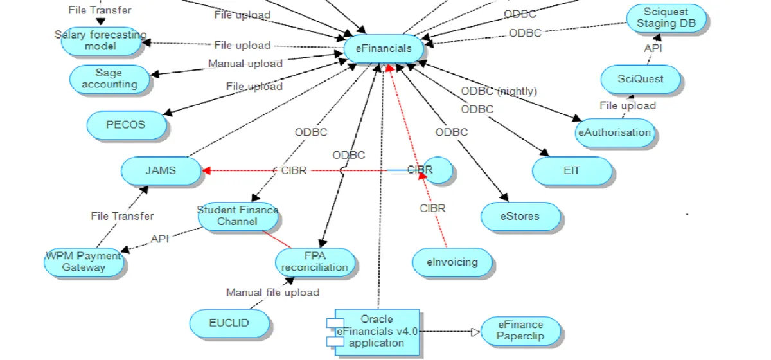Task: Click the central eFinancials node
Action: click(384, 49)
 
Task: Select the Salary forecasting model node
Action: click(100, 40)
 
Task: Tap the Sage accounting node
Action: click(109, 78)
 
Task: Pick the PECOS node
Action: click(126, 124)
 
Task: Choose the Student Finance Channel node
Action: click(238, 216)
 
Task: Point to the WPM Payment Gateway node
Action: click(84, 261)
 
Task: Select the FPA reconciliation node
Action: click(315, 262)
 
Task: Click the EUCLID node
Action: click(229, 322)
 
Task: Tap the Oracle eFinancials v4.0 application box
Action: click(377, 330)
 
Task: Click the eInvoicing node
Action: click(453, 262)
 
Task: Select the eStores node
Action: click(520, 216)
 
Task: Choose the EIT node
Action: click(572, 171)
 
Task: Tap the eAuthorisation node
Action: click(615, 132)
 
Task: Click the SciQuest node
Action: click(640, 79)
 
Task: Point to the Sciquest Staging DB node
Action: click(666, 18)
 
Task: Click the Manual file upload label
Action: click(272, 292)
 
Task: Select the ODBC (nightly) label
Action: click(499, 91)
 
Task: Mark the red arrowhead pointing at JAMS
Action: click(206, 171)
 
